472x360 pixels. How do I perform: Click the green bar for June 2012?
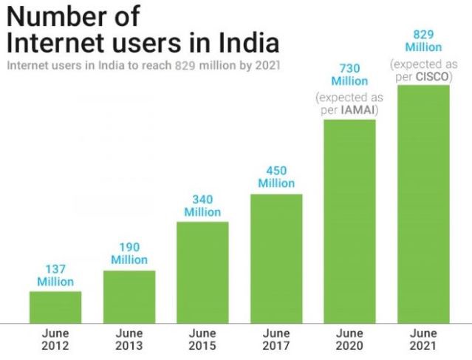click(55, 307)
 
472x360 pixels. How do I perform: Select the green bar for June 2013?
click(129, 296)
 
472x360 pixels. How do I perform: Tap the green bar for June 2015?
click(202, 272)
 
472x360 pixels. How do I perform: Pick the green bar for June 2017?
click(276, 258)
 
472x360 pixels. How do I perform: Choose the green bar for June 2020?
click(349, 220)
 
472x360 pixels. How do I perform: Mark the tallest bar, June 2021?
click(423, 204)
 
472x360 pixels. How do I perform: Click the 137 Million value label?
click(55, 275)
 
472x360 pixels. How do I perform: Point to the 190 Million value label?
click(129, 254)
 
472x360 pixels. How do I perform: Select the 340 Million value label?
click(202, 206)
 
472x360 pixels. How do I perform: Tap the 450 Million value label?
click(276, 177)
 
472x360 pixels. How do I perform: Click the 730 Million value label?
click(349, 75)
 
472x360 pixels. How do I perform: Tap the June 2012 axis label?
click(55, 339)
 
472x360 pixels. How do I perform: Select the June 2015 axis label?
click(202, 339)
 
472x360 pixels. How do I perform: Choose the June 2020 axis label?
click(349, 339)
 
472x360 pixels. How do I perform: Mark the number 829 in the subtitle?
click(185, 65)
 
